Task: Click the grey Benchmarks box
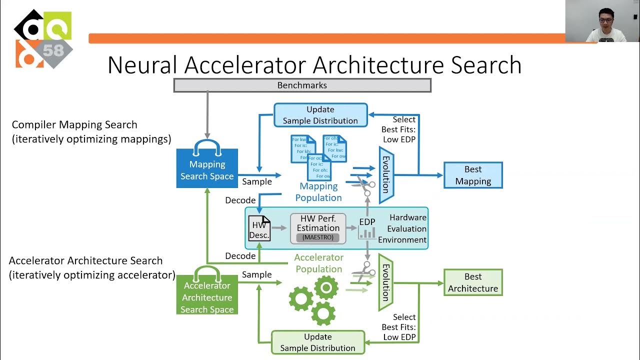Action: (x=302, y=85)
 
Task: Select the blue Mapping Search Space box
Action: (x=207, y=168)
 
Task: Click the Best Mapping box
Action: (x=473, y=175)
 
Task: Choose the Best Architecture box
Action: (x=473, y=282)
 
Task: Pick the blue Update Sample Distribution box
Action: (x=320, y=115)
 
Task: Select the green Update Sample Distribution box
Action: (x=318, y=342)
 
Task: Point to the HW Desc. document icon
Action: (x=259, y=228)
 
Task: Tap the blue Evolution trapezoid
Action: (x=386, y=174)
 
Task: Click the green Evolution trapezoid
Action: (x=385, y=282)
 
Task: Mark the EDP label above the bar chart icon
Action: (x=367, y=222)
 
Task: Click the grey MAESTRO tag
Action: (x=318, y=237)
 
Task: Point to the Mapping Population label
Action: (x=318, y=192)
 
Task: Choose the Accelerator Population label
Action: (x=318, y=263)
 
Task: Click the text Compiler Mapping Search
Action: (x=74, y=125)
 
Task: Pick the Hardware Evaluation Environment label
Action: (x=402, y=228)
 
